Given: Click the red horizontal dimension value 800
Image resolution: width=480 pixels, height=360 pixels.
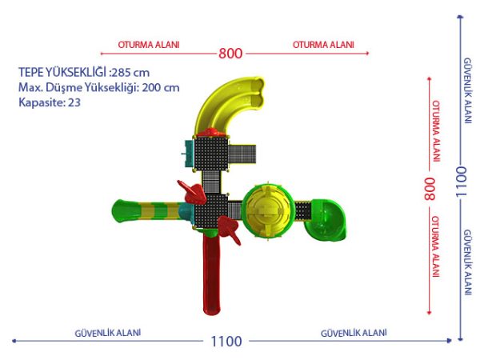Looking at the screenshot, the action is tap(230, 54).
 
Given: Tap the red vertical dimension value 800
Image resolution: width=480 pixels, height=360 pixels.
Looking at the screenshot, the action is tap(430, 189).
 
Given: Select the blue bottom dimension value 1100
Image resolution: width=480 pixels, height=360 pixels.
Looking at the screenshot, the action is tap(226, 342).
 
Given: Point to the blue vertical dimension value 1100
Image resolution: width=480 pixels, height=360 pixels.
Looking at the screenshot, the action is tap(461, 182).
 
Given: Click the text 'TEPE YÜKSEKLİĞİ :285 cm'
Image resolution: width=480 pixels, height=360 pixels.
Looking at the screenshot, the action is tap(84, 73).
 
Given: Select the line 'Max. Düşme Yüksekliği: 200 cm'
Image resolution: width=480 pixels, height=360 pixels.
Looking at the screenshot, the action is tap(99, 87).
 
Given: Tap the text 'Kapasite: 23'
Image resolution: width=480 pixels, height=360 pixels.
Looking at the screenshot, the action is tap(50, 102).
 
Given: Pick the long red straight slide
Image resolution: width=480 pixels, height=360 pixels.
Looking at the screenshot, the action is tap(211, 274).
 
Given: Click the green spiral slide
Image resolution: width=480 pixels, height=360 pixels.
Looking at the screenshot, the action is tap(326, 220).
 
